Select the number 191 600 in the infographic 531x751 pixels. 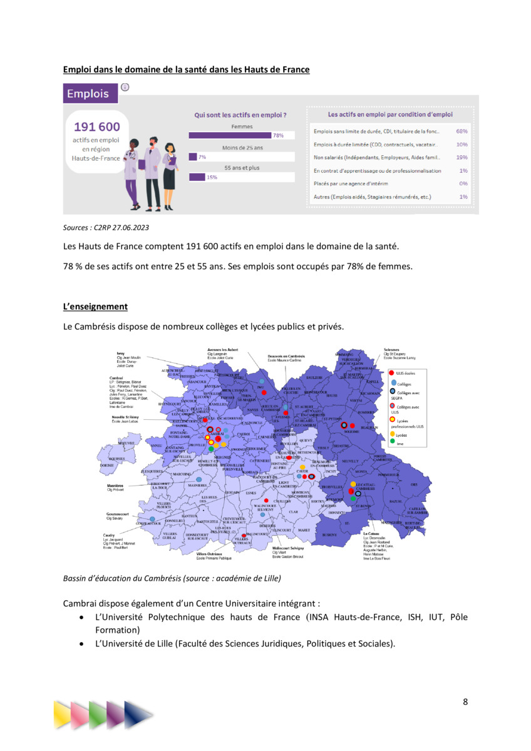(x=97, y=127)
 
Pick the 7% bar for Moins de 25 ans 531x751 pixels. (x=193, y=157)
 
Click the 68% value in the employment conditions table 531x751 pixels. (x=462, y=131)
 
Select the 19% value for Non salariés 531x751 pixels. (x=462, y=158)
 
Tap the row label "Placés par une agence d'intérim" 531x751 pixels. (x=356, y=184)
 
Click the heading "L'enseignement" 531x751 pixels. (x=95, y=307)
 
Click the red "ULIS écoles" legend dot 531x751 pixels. (x=391, y=373)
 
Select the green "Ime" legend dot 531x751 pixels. (x=392, y=442)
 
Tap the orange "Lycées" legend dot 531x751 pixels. (x=392, y=433)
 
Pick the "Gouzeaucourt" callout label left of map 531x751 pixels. (x=117, y=514)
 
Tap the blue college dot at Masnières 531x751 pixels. (x=199, y=479)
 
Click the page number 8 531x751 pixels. (x=465, y=701)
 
